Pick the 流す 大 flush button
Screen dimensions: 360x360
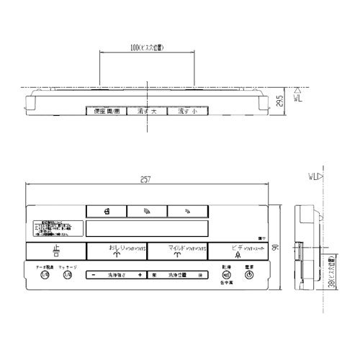(x=147, y=112)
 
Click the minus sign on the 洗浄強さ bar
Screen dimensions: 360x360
(x=94, y=275)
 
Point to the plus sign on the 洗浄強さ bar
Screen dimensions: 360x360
(x=140, y=275)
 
